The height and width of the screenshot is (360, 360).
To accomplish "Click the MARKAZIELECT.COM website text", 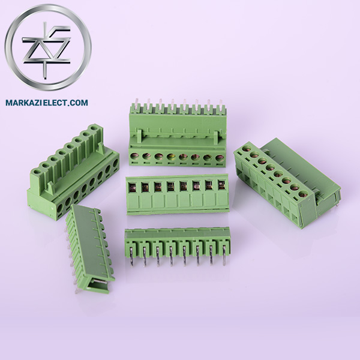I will (x=46, y=103).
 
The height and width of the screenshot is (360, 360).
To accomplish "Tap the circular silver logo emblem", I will (x=47, y=48).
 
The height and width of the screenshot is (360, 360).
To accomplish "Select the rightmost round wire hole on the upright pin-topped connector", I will (x=222, y=160).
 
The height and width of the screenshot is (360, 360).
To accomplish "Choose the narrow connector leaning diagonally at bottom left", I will (x=90, y=246).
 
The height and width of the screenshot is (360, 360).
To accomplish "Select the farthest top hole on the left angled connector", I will (x=95, y=128).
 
